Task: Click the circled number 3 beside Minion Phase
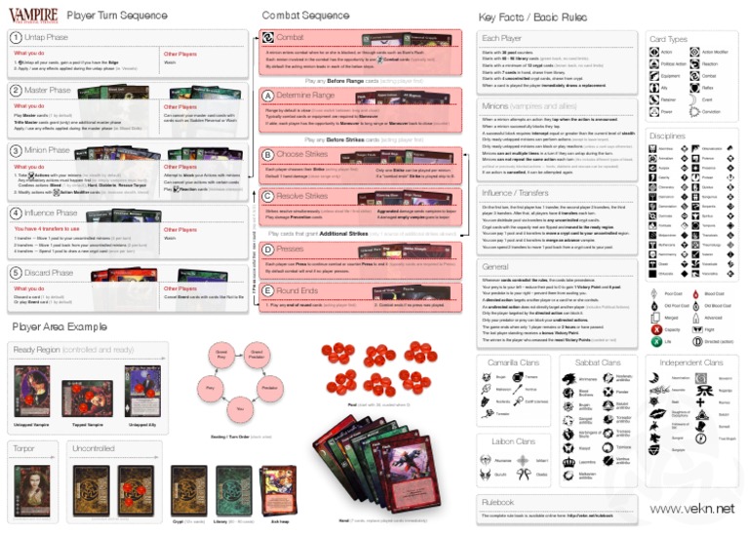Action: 15,150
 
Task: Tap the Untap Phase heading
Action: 47,36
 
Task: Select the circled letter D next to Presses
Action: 268,249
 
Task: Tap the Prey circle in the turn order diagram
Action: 207,388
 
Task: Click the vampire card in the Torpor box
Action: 31,483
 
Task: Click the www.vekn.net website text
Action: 691,508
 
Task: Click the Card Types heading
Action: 669,40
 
